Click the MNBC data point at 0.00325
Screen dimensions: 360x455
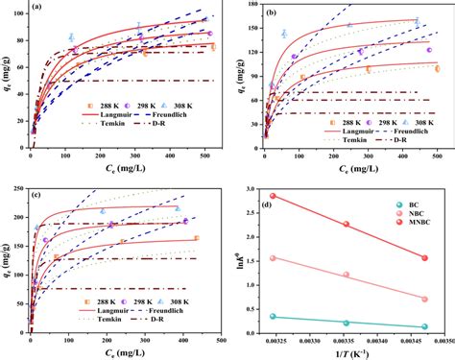(x=273, y=196)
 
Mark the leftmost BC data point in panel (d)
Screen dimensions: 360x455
(x=273, y=316)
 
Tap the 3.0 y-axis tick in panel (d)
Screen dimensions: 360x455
(x=252, y=187)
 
